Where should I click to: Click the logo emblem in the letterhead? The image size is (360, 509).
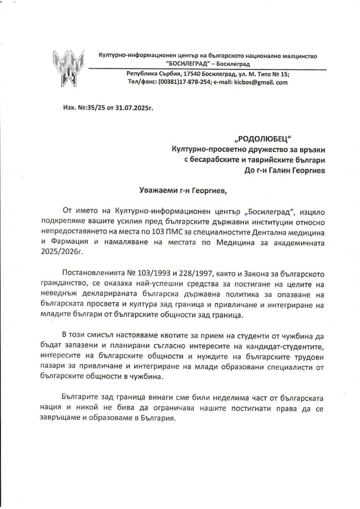69,67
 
